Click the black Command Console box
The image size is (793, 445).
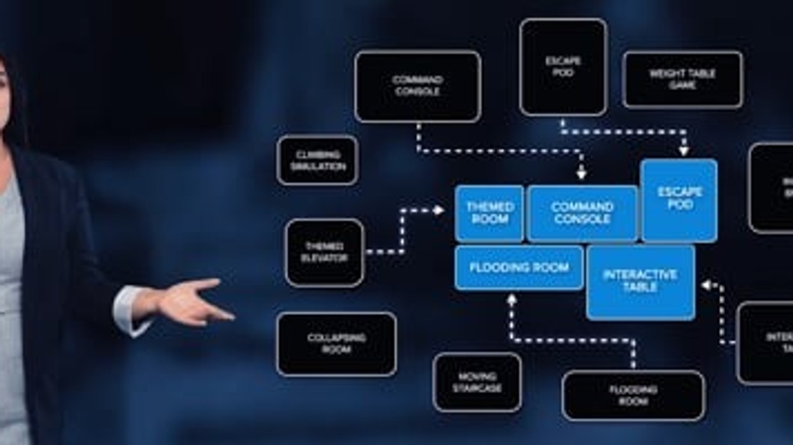pos(417,86)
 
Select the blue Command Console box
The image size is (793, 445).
pos(582,213)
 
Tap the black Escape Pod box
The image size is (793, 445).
pos(563,67)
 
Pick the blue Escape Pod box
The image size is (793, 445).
pos(679,200)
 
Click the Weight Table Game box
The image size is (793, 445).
pos(682,80)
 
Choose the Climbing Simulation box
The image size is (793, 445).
pos(318,160)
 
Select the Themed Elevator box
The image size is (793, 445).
pos(324,253)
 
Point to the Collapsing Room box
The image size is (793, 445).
pos(336,344)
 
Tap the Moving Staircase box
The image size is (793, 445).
pos(477,382)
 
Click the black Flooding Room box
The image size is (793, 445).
pos(633,395)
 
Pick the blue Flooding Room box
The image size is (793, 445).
pos(519,267)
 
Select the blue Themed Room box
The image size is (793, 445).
pos(490,213)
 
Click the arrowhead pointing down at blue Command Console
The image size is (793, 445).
pos(581,173)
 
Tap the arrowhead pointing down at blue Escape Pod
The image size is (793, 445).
pos(683,152)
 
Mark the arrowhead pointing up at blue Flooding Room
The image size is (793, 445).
pos(511,298)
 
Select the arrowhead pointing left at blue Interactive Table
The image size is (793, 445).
pos(706,285)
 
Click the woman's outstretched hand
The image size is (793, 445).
pos(191,300)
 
